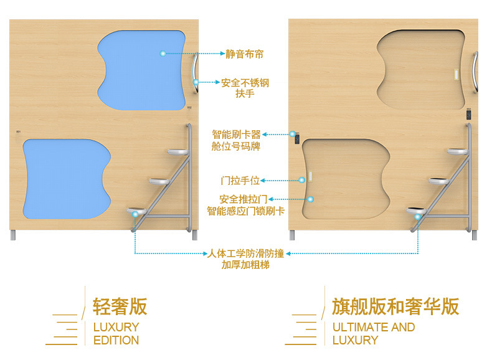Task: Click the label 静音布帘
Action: click(244, 54)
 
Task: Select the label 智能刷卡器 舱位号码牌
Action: click(236, 140)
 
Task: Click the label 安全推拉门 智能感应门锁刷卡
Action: click(245, 205)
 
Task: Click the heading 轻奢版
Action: click(120, 306)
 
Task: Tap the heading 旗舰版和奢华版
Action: click(395, 306)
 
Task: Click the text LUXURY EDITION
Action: click(116, 333)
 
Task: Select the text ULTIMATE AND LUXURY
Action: click(373, 333)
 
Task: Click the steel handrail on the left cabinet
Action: click(196, 75)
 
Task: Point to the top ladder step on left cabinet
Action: click(179, 151)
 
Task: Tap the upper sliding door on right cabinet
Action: click(420, 69)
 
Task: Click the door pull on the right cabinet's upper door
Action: click(457, 74)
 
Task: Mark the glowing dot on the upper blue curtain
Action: click(163, 54)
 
